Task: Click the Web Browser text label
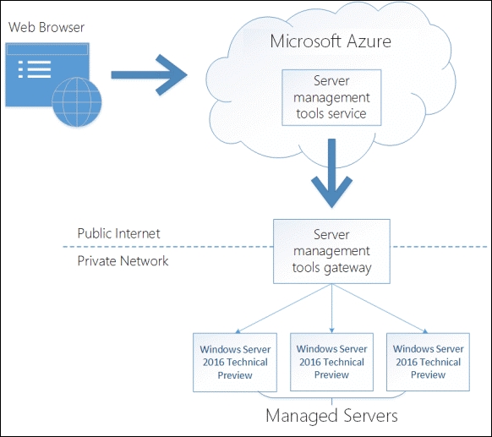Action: [x=46, y=27]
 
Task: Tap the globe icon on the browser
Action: [x=77, y=101]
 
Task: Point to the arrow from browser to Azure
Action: [x=149, y=74]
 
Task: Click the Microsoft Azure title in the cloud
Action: [x=331, y=41]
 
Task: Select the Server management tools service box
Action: [x=331, y=97]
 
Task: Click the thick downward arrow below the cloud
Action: [x=331, y=173]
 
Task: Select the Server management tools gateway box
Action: [x=331, y=251]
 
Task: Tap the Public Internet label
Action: [x=118, y=233]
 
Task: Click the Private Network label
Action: [x=123, y=260]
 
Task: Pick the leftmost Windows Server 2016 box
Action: [x=235, y=363]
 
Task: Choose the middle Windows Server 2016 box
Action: [x=331, y=362]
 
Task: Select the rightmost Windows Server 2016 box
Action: [x=428, y=362]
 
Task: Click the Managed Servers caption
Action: [x=331, y=415]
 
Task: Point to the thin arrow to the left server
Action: [x=283, y=309]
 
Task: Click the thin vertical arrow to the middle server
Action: [x=331, y=309]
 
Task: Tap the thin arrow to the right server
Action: [x=380, y=309]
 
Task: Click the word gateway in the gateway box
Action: [x=347, y=269]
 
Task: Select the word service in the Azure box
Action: [x=348, y=113]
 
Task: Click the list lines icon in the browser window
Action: [x=35, y=69]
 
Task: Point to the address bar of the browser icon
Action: [x=47, y=50]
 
